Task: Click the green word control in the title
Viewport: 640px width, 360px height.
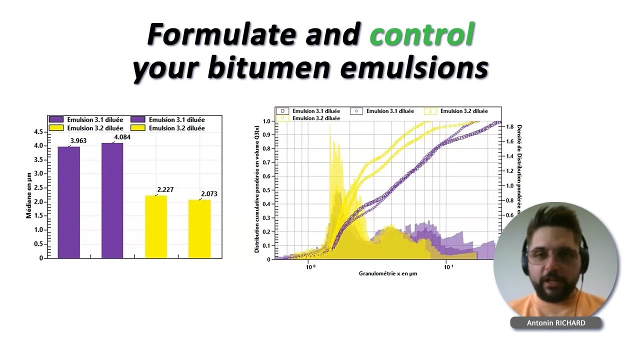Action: coord(421,35)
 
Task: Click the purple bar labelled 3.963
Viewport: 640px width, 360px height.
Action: coord(68,202)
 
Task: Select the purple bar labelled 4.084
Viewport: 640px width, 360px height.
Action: coord(112,200)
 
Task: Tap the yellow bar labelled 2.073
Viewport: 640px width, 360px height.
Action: coord(199,228)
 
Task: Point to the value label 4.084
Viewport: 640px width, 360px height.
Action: coord(122,137)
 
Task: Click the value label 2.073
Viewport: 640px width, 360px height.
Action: coord(209,193)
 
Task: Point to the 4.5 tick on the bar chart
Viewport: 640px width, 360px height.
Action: coord(38,132)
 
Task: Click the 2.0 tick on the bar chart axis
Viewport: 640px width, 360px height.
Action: coord(38,202)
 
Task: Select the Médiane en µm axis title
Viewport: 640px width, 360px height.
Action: coord(28,195)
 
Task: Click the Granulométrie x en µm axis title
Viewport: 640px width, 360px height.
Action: coord(387,273)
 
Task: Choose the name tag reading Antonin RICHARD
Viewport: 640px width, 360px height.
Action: coord(555,323)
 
